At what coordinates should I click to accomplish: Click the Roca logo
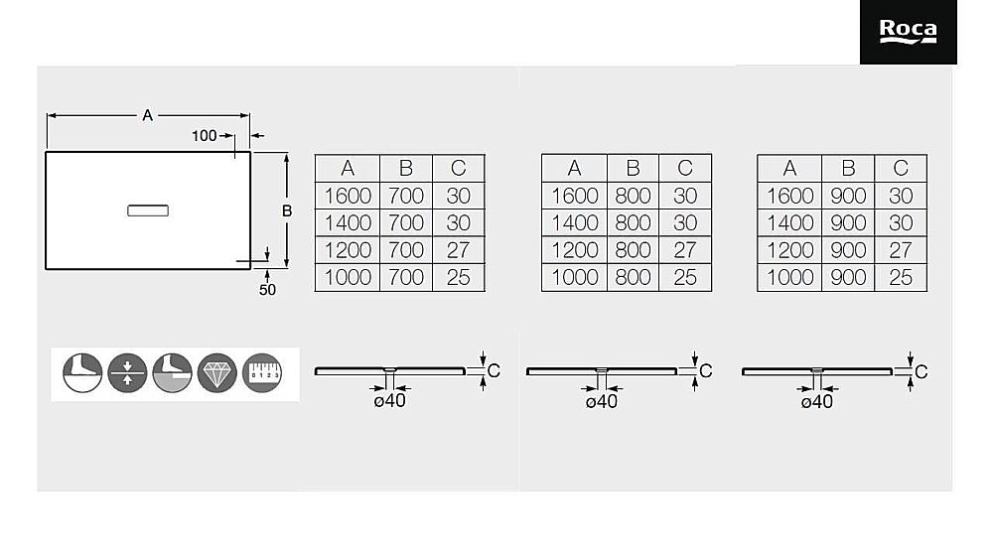(908, 32)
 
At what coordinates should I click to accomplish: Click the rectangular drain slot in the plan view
(148, 210)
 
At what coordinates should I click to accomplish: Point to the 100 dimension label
(204, 135)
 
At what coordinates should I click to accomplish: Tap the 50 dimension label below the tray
(267, 289)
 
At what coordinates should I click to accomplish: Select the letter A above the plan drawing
(148, 115)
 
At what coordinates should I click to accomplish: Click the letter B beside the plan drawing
(287, 210)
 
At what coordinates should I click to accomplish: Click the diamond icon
(216, 373)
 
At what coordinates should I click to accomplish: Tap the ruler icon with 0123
(262, 373)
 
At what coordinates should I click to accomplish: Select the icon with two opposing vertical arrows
(127, 373)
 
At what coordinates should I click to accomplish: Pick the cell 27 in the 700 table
(458, 250)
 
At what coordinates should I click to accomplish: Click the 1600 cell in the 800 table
(574, 196)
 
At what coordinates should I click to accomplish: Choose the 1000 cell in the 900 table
(789, 277)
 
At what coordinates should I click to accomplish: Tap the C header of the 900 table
(901, 168)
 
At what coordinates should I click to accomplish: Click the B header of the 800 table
(633, 168)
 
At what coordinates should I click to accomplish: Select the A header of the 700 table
(347, 168)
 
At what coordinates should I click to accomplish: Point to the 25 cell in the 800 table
(684, 277)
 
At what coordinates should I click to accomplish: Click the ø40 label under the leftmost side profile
(389, 401)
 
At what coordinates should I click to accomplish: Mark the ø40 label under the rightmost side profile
(817, 402)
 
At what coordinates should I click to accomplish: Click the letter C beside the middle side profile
(705, 371)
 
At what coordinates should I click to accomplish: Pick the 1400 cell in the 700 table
(347, 222)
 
